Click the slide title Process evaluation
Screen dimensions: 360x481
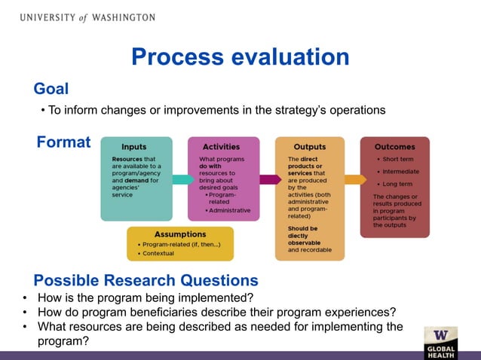coord(240,57)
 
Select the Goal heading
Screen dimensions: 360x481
coord(51,89)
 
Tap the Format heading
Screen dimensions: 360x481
coord(63,142)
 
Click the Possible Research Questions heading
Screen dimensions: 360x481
coord(146,280)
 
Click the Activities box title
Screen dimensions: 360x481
coord(220,147)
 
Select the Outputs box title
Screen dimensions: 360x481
coord(309,147)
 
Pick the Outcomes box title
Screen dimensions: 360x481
coord(394,147)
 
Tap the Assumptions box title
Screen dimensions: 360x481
coord(179,234)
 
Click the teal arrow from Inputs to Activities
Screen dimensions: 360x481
coord(181,179)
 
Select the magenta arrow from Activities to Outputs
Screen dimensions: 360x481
coord(268,179)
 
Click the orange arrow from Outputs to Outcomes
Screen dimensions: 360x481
coord(353,179)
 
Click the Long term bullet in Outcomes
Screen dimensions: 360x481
coord(397,184)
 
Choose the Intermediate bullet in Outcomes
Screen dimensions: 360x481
coord(400,172)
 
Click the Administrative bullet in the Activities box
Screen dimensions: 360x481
coord(231,210)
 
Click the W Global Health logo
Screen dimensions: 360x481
coord(440,343)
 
